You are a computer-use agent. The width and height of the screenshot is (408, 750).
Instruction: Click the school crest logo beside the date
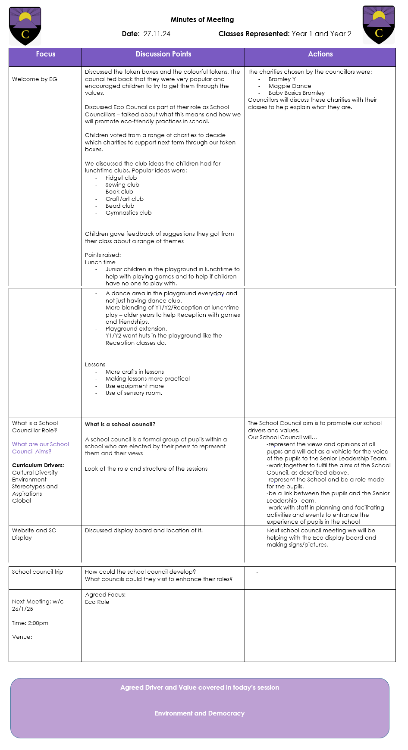[x=25, y=26]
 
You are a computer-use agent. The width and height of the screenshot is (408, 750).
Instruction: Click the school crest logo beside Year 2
[x=379, y=25]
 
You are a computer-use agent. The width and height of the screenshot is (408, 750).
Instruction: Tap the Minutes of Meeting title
[x=202, y=19]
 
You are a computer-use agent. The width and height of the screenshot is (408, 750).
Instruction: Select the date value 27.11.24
[x=157, y=34]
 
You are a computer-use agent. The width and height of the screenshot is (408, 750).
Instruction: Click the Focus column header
[x=45, y=54]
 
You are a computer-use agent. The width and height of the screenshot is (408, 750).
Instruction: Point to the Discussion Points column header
[x=163, y=54]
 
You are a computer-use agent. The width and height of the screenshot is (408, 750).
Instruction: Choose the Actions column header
[x=320, y=54]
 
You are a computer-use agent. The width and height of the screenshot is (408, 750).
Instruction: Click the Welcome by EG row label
[x=35, y=79]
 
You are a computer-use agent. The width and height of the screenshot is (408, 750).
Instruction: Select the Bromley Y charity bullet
[x=282, y=79]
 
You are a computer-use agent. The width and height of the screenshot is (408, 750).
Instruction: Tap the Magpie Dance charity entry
[x=289, y=86]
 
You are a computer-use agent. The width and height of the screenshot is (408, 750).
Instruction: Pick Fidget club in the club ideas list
[x=121, y=178]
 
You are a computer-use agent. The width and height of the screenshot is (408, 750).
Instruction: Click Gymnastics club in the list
[x=129, y=212]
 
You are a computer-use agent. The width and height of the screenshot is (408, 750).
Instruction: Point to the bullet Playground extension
[x=136, y=328]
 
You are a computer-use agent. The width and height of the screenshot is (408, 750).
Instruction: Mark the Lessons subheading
[x=95, y=364]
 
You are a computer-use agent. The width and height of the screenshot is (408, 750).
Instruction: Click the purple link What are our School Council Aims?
[x=40, y=447]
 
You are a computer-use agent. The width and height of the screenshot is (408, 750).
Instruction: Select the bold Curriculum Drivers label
[x=38, y=465]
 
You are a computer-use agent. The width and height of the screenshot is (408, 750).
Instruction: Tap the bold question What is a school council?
[x=120, y=424]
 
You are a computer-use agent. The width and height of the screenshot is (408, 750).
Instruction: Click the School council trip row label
[x=38, y=572]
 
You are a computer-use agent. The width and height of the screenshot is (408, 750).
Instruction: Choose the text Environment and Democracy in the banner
[x=199, y=713]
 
